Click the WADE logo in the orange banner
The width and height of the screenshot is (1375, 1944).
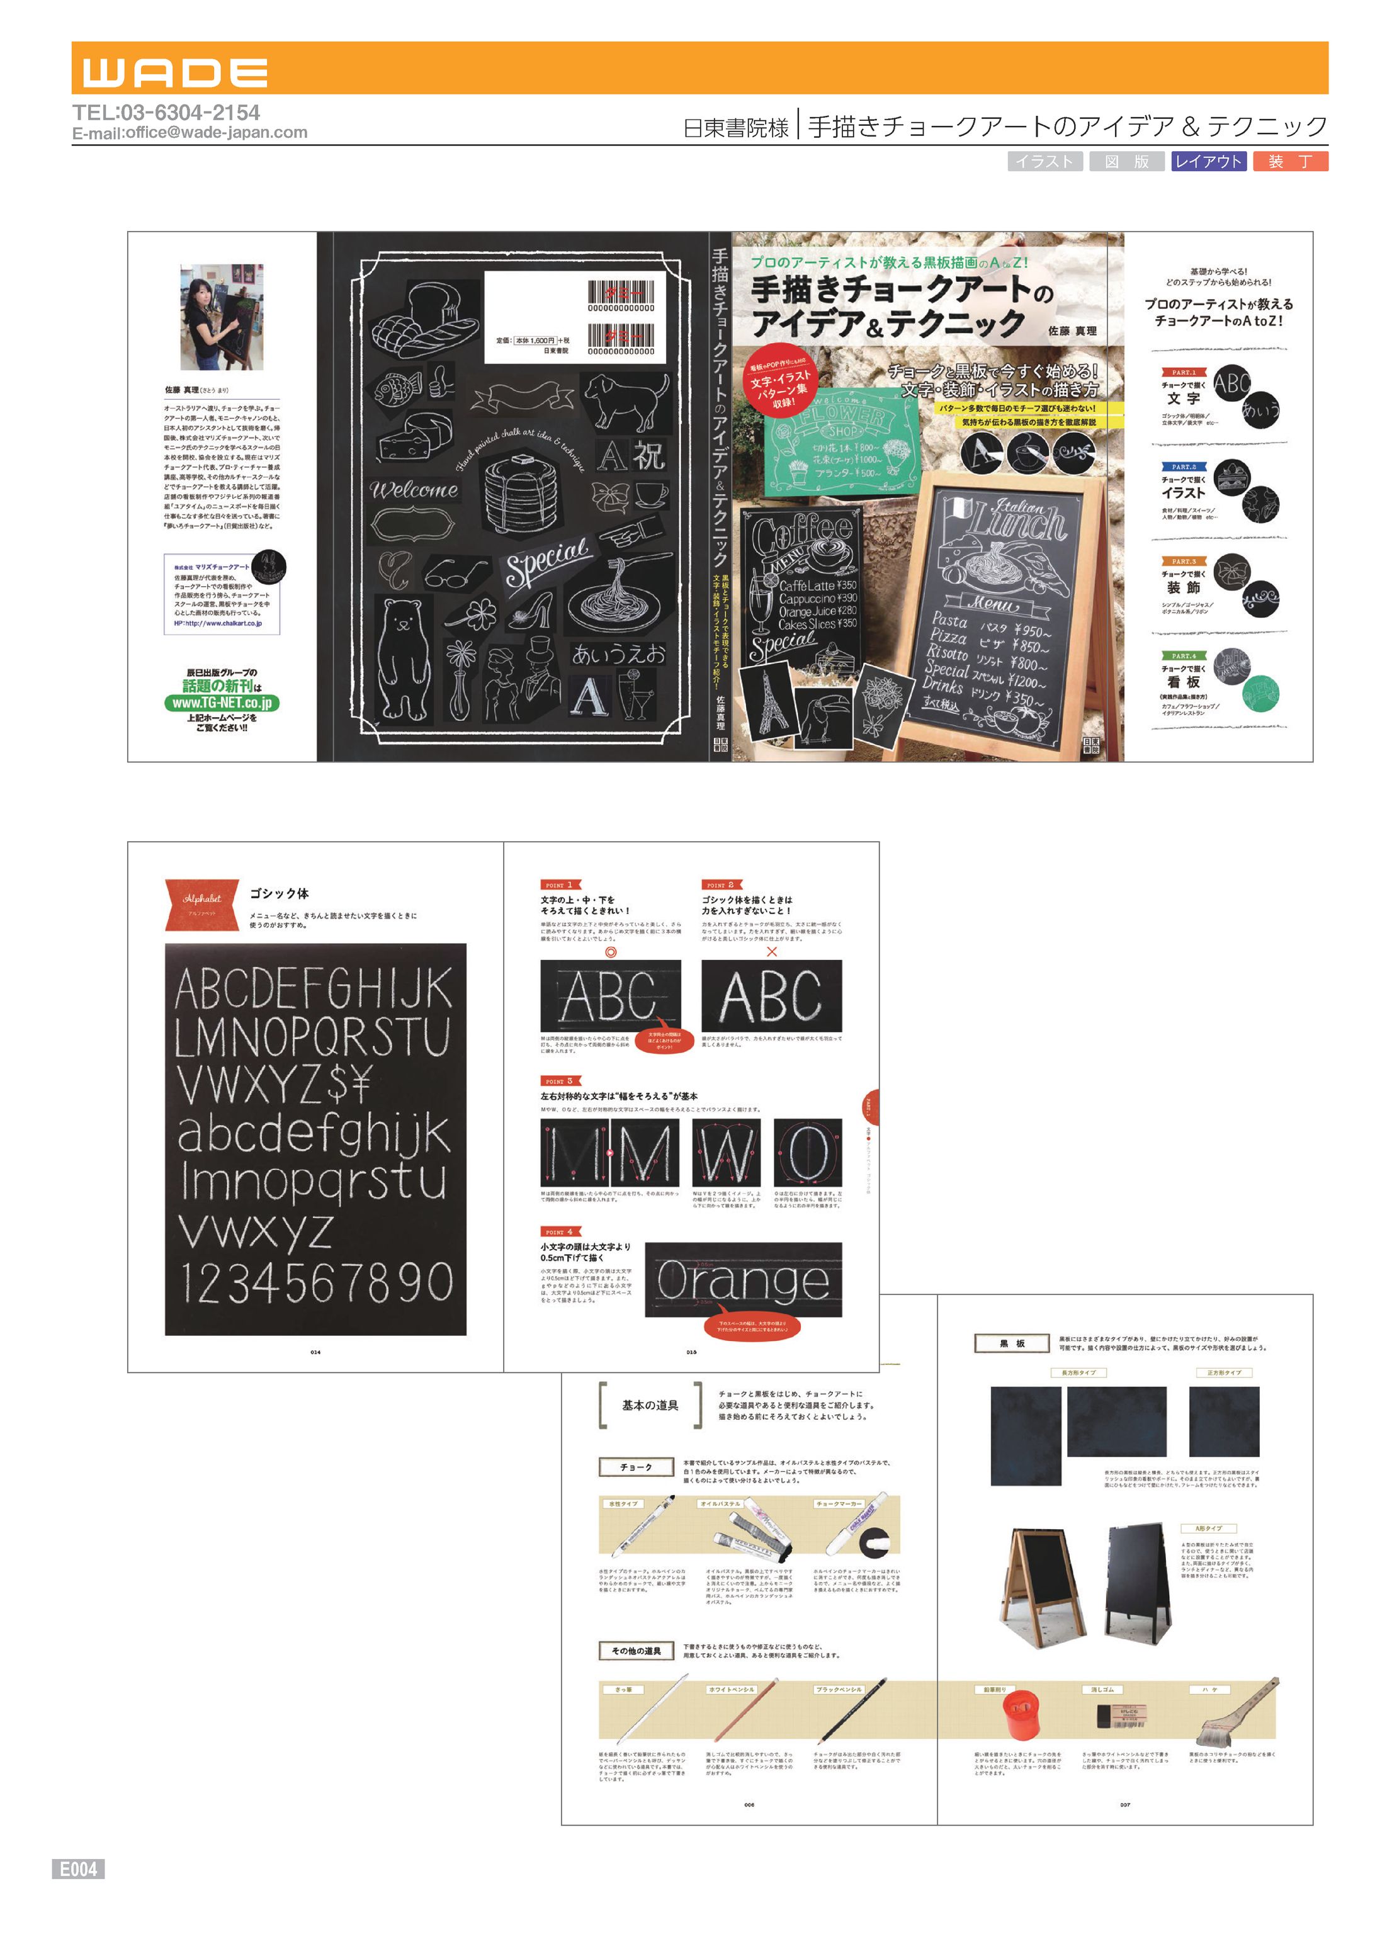(175, 73)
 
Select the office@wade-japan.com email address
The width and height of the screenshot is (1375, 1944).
(216, 133)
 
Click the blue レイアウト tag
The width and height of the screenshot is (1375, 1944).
(1208, 162)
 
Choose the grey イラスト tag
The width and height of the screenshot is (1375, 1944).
(1045, 162)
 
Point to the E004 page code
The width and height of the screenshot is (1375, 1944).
(78, 1868)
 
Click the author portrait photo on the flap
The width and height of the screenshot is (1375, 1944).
(222, 317)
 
